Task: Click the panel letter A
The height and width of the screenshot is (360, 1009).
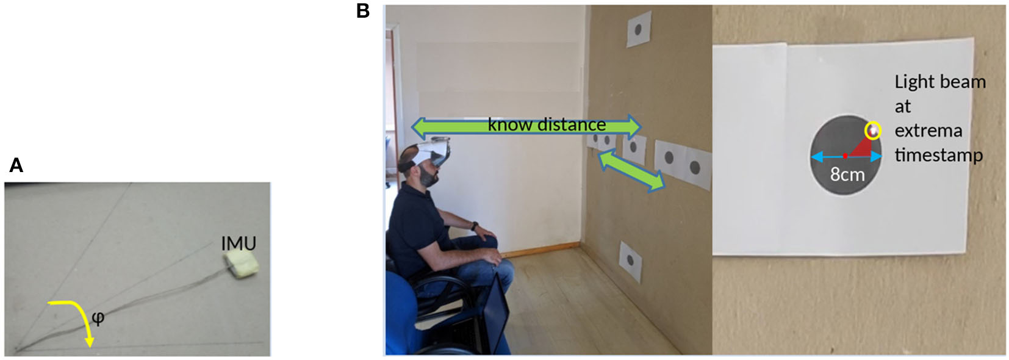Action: click(x=16, y=165)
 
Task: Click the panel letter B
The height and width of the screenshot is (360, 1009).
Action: click(x=363, y=10)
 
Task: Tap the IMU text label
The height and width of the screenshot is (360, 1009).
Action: click(x=239, y=243)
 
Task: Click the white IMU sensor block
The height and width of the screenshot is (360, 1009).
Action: click(x=241, y=265)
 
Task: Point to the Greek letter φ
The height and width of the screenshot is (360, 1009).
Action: click(x=98, y=317)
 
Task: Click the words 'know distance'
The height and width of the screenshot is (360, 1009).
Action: click(x=547, y=124)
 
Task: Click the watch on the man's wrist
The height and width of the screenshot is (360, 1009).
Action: click(x=474, y=226)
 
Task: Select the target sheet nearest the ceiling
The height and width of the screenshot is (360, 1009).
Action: click(x=639, y=29)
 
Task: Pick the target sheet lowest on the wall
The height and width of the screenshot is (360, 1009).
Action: click(x=630, y=261)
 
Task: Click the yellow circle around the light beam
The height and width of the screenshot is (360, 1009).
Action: click(x=874, y=130)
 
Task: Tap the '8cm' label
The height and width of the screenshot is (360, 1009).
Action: click(x=847, y=175)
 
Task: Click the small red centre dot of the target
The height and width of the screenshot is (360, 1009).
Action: click(x=845, y=157)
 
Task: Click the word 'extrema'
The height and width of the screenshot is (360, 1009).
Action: click(x=928, y=131)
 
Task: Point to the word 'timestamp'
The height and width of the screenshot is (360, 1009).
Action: click(x=938, y=155)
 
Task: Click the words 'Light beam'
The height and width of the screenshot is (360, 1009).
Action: click(x=939, y=82)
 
